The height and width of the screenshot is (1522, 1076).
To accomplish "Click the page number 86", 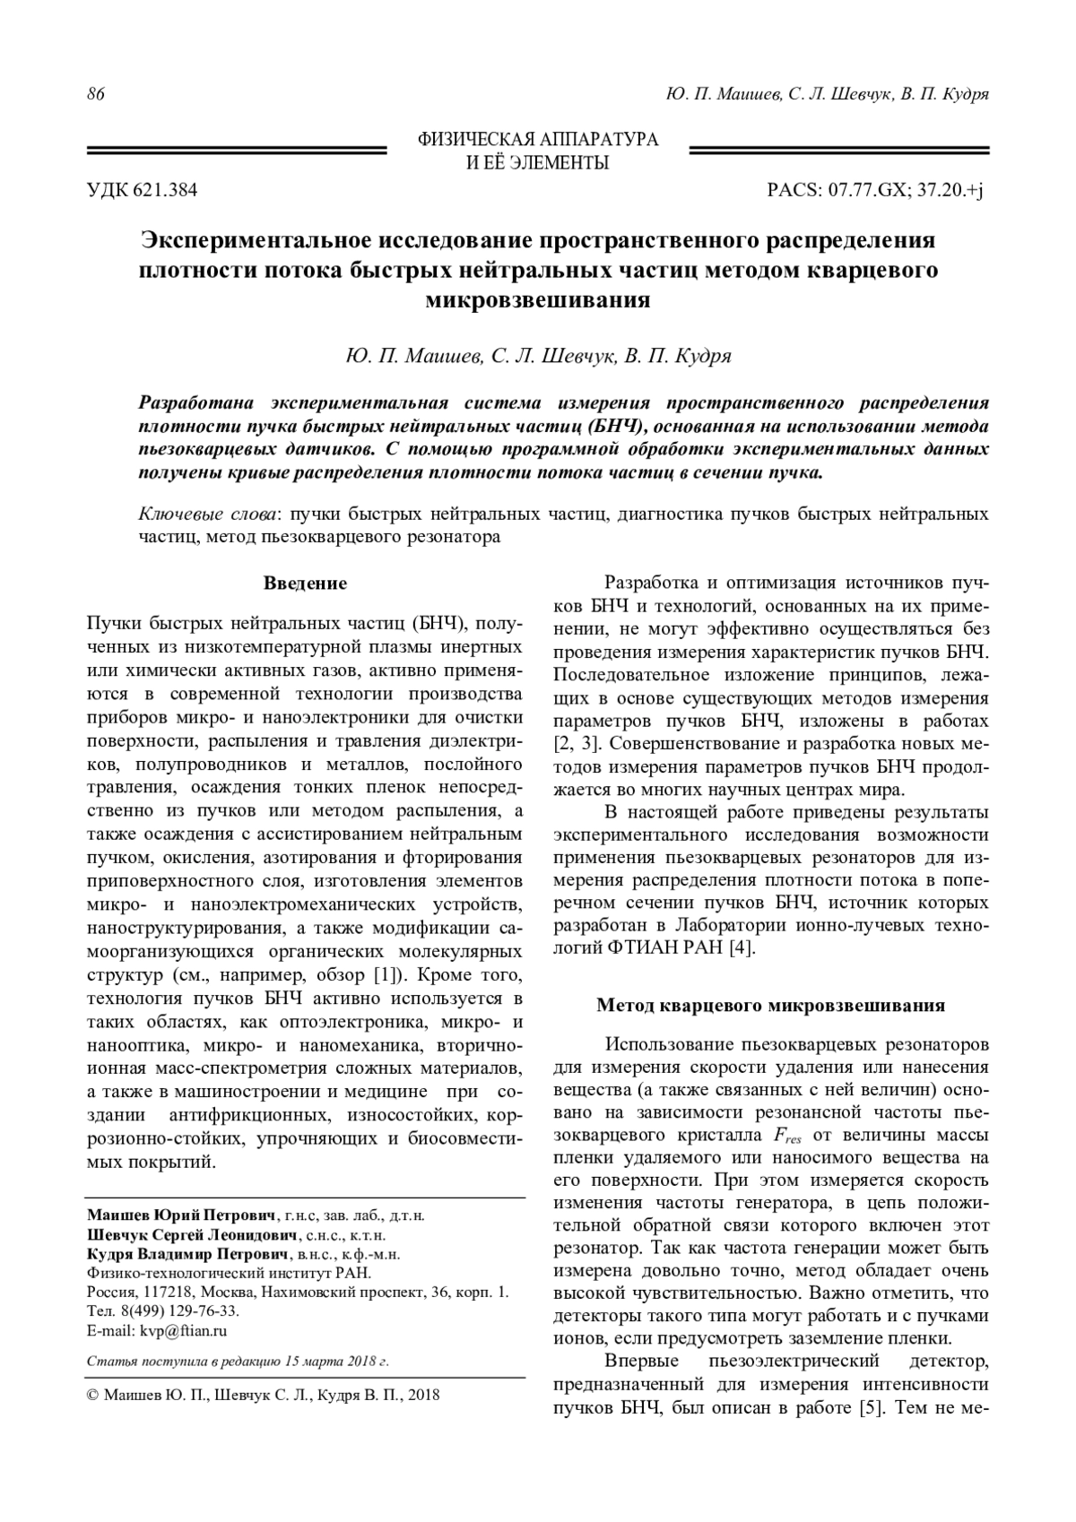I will pyautogui.click(x=95, y=95).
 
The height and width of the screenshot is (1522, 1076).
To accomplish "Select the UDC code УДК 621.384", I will pyautogui.click(x=142, y=190).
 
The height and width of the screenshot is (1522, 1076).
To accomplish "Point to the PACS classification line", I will pyautogui.click(x=875, y=190).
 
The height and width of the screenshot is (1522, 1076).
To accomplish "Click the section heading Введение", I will pyautogui.click(x=305, y=584).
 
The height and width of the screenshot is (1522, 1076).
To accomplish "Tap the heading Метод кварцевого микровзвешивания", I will pyautogui.click(x=771, y=1006).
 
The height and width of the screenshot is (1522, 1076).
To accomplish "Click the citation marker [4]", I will pyautogui.click(x=741, y=948).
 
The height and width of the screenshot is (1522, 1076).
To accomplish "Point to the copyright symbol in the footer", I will pyautogui.click(x=92, y=1396).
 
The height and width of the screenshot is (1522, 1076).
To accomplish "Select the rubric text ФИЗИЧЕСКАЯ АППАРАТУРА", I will pyautogui.click(x=538, y=140).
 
